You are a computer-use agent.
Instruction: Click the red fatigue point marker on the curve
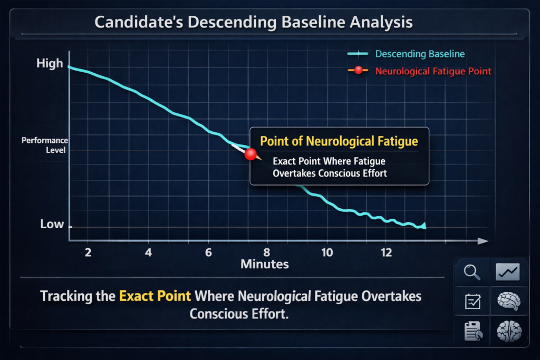(250, 154)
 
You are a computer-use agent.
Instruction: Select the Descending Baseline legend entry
(420, 54)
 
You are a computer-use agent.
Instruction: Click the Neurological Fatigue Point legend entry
(433, 71)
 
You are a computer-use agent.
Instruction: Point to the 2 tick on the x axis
(88, 252)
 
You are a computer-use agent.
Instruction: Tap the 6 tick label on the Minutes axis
(208, 252)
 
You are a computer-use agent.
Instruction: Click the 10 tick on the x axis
(327, 252)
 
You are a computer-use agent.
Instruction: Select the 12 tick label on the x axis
(387, 252)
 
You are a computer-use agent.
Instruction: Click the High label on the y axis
(50, 64)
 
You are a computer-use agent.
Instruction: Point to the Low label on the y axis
(52, 224)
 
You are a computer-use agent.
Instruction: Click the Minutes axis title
(264, 264)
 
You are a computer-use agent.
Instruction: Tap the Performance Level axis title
(45, 145)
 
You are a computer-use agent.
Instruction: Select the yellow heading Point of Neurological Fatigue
(339, 141)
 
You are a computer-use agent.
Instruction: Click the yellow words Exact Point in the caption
(155, 295)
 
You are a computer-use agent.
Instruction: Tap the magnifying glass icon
(471, 273)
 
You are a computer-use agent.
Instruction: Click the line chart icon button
(508, 272)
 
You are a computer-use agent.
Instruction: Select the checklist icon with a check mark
(471, 302)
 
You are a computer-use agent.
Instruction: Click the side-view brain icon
(508, 301)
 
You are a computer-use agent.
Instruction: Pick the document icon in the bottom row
(471, 332)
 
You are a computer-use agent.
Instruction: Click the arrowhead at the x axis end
(482, 241)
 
